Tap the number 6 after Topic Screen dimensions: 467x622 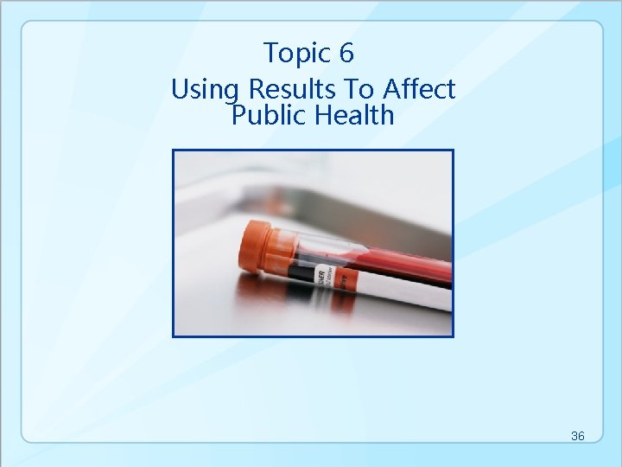point(346,54)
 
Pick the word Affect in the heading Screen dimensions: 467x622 point(419,89)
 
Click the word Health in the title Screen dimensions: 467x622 point(353,115)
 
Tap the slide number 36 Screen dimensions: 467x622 point(578,436)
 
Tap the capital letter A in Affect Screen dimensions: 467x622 point(392,89)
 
